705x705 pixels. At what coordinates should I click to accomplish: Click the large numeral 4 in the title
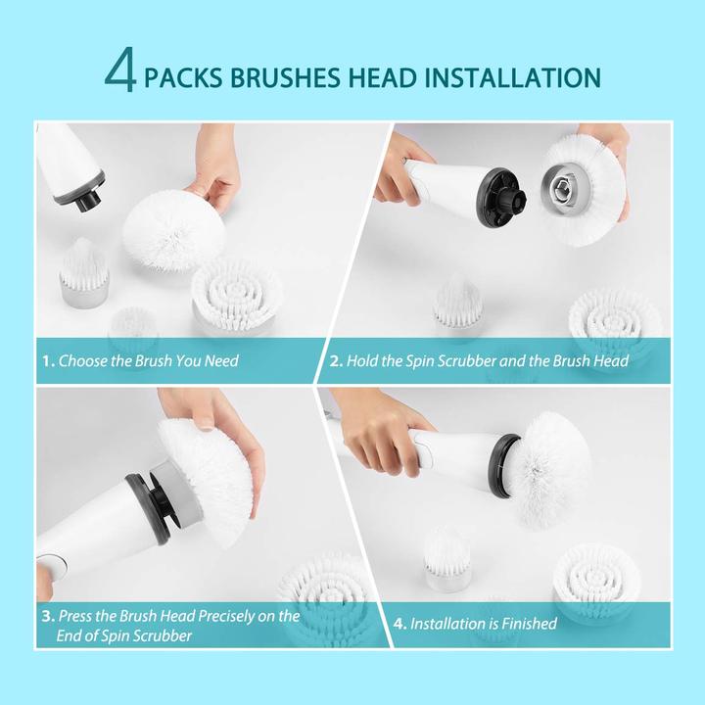(120, 70)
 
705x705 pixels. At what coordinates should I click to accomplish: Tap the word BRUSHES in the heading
(285, 77)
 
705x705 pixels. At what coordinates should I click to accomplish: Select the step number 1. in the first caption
(49, 361)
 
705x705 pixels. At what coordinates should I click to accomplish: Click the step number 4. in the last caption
(399, 624)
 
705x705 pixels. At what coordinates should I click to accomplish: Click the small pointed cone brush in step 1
(84, 271)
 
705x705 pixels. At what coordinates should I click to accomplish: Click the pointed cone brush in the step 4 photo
(447, 558)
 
